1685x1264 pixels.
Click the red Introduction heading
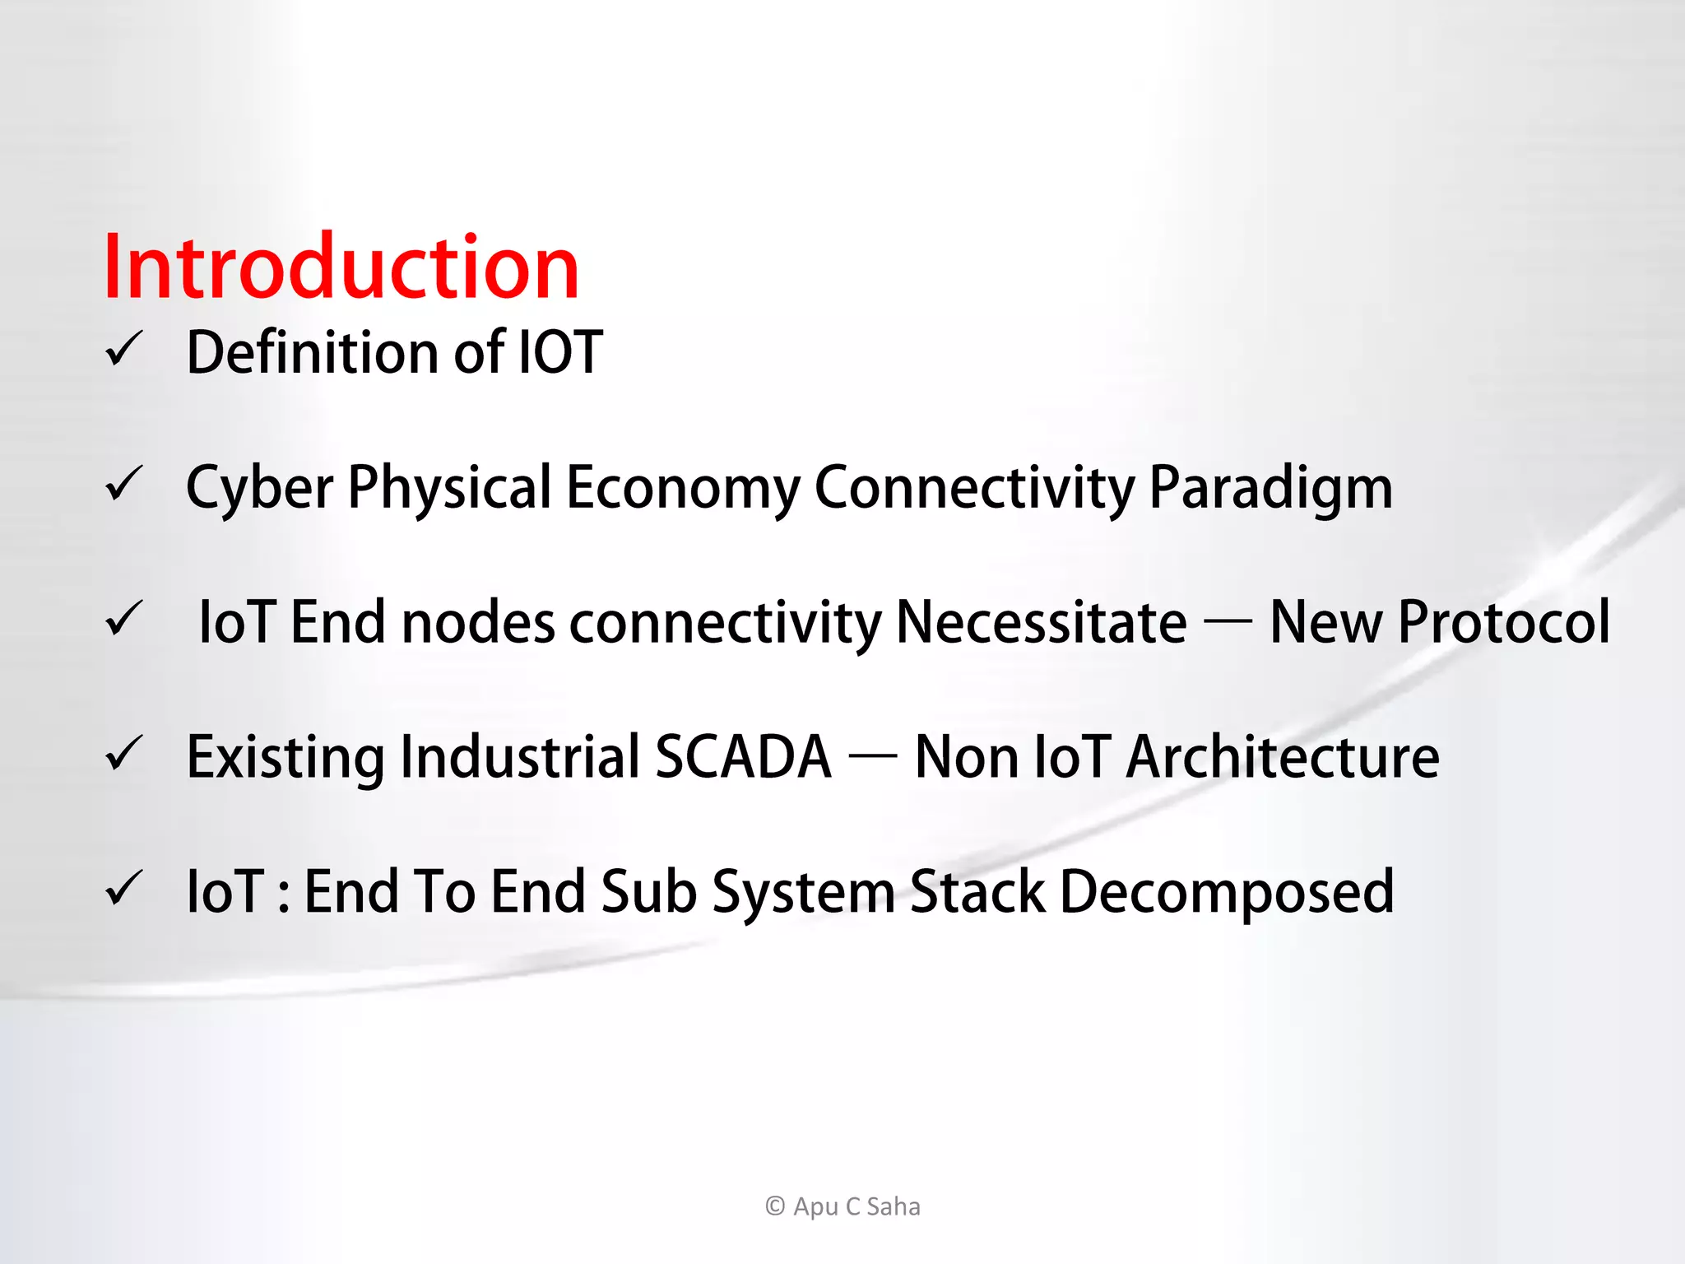(341, 267)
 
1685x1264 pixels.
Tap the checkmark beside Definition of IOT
(125, 349)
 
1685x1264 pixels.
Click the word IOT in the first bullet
(560, 352)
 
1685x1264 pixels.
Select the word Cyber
(259, 487)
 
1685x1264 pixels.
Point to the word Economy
(683, 487)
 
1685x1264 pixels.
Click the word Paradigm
(1270, 487)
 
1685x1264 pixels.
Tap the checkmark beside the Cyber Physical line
(125, 484)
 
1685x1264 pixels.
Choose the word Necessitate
(1041, 622)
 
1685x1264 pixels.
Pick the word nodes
(478, 622)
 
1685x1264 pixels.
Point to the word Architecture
(1283, 757)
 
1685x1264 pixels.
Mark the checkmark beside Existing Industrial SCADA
(125, 754)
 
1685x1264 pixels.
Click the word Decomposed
(1227, 892)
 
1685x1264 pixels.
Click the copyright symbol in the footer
(775, 1206)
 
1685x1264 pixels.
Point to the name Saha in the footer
(894, 1206)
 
